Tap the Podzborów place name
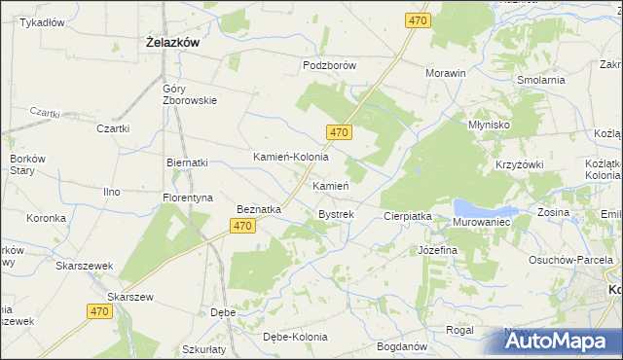330,65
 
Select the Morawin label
446,73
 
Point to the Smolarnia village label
541,80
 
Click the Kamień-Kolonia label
291,157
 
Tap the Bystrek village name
336,214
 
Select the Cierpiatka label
407,216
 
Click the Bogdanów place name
400,346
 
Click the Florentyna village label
188,198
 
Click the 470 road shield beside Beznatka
243,226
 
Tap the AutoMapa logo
561,341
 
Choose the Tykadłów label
42,22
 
